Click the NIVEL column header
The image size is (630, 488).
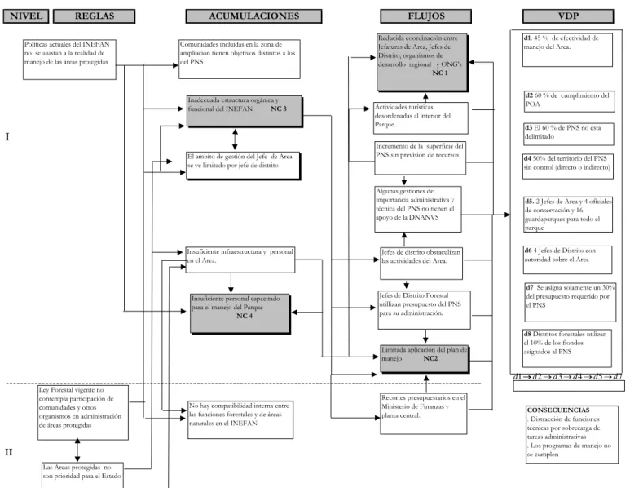pos(26,16)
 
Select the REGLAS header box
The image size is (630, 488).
pos(94,16)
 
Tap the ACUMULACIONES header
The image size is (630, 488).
pos(254,16)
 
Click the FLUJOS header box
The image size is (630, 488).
pos(426,16)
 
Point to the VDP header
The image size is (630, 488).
pos(568,16)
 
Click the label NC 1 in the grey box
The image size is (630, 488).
pos(440,73)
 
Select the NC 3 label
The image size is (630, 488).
pos(279,109)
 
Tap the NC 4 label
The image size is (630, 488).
pos(245,316)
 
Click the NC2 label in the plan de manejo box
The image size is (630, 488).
pos(430,358)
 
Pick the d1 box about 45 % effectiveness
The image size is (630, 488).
pos(567,50)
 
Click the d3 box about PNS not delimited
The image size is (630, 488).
pos(569,134)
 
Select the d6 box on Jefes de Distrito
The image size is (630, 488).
pos(567,260)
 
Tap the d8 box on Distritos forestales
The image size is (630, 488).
pos(567,348)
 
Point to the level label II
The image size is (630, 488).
pos(8,452)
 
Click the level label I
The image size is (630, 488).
pos(7,137)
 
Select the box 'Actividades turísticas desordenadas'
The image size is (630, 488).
pos(421,118)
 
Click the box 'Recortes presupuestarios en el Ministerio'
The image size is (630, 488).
pos(424,414)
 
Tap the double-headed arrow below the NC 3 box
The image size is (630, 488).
pos(235,140)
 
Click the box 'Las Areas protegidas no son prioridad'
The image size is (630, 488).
pos(82,475)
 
